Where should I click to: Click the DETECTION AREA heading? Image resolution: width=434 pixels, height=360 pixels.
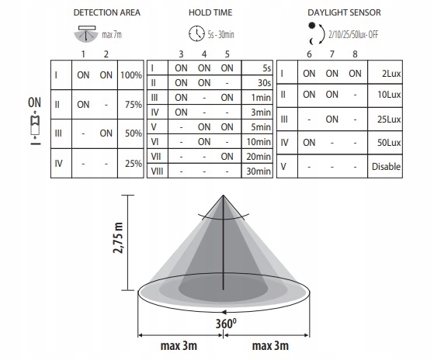[x=107, y=12]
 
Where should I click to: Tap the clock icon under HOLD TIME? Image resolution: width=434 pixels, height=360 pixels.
[x=196, y=33]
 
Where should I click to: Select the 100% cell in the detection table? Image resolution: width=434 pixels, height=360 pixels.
[x=131, y=75]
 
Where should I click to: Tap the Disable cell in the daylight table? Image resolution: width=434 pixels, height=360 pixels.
[x=386, y=167]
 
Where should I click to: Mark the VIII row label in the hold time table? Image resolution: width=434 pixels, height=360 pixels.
[x=157, y=171]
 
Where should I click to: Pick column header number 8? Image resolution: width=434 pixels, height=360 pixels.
[x=355, y=54]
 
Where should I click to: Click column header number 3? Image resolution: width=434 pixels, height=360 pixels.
[x=181, y=54]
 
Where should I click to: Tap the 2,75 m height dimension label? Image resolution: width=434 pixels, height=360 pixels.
[x=118, y=237]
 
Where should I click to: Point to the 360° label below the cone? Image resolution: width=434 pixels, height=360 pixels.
[x=226, y=324]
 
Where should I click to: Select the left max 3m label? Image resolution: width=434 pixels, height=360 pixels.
[x=179, y=345]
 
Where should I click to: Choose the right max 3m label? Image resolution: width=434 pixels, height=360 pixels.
[x=270, y=345]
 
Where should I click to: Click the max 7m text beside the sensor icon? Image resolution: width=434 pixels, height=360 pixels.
[x=112, y=35]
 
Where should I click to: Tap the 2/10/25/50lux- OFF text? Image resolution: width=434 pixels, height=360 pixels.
[x=353, y=35]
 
